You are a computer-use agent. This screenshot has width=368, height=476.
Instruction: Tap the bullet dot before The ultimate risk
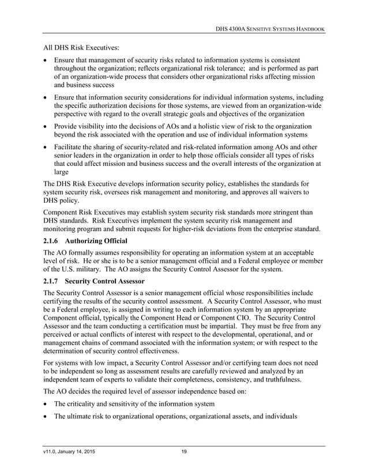[x=46, y=417]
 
